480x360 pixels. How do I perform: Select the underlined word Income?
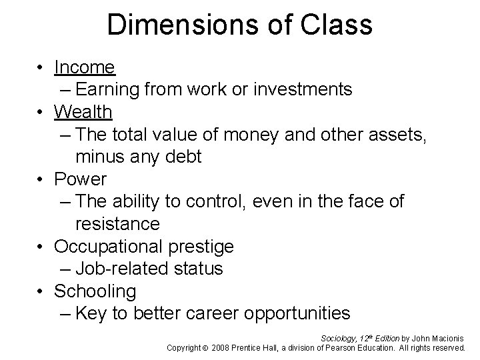coord(85,67)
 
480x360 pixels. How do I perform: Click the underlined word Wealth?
coord(84,111)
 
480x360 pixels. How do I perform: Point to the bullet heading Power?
coord(80,179)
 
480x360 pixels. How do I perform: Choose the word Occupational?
coord(110,247)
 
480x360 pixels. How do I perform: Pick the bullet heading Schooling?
coord(95,291)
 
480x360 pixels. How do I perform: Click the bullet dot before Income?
coord(41,68)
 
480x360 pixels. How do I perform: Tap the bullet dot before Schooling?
coord(41,292)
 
